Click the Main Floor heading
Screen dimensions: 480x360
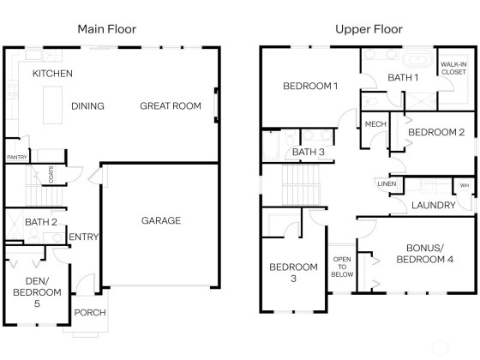(107, 29)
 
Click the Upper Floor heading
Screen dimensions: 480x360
(369, 29)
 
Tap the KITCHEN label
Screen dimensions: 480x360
(52, 74)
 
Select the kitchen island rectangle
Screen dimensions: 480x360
(52, 105)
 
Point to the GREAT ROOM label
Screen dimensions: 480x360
(171, 106)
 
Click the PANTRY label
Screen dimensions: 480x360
(17, 158)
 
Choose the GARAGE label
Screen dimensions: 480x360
(161, 220)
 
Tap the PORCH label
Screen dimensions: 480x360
(90, 313)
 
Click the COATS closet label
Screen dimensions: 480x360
(51, 175)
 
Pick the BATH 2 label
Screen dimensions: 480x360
(41, 222)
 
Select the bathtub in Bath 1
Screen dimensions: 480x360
(417, 59)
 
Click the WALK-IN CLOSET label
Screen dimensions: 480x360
(453, 69)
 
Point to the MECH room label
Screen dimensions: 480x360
(375, 124)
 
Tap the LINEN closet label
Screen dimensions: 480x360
(387, 183)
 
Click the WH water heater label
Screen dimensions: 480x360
(465, 185)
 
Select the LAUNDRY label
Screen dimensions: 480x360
(434, 205)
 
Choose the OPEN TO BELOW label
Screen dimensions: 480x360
(342, 267)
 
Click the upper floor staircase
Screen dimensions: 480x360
(301, 184)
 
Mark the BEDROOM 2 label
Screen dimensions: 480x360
(436, 132)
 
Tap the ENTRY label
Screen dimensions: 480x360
(84, 237)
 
